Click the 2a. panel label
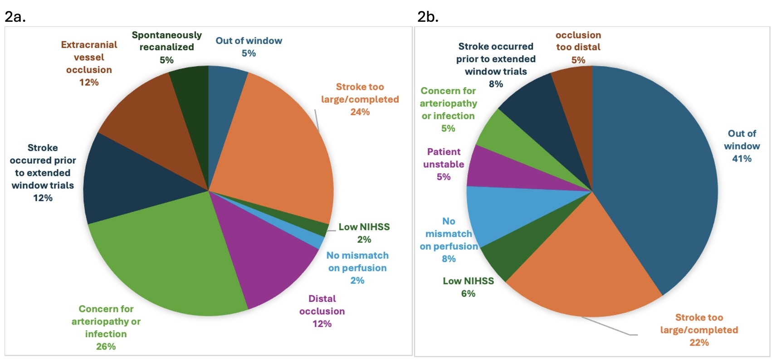(x=15, y=16)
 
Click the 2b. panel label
(x=427, y=16)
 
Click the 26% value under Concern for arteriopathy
(x=106, y=346)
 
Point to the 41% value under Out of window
(x=742, y=159)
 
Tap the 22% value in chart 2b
(x=699, y=343)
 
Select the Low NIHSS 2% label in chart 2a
(x=364, y=233)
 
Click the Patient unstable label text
(x=444, y=158)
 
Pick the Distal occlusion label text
(x=322, y=305)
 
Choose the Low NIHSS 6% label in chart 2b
(x=468, y=287)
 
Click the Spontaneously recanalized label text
(x=166, y=41)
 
